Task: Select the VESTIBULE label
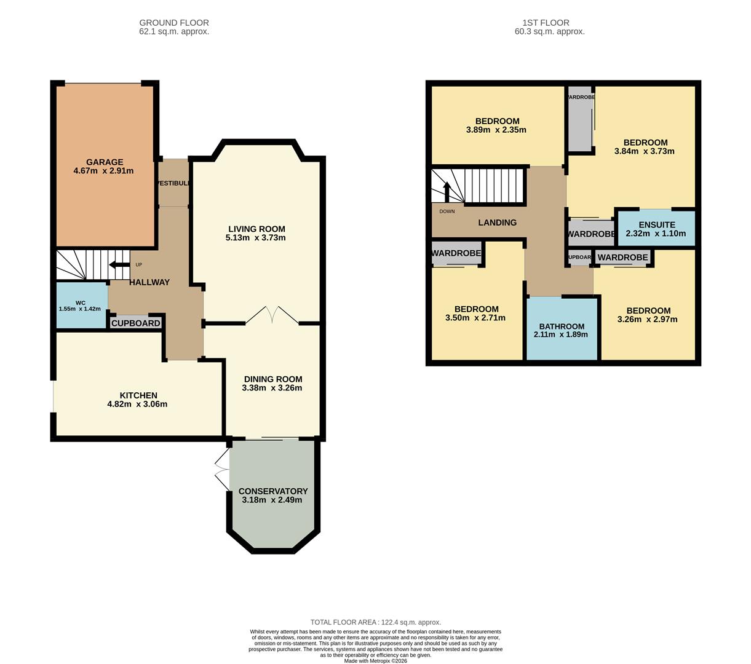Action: (174, 183)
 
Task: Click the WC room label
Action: (80, 302)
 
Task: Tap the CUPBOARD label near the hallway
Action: (136, 323)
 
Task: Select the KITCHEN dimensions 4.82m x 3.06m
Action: (137, 405)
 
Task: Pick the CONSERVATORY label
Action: (272, 491)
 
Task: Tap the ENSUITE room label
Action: (656, 225)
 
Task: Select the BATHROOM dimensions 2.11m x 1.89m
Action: (561, 334)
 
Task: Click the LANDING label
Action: (497, 223)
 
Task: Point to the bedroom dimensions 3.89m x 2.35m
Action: (496, 130)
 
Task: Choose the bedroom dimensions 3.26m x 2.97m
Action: (647, 319)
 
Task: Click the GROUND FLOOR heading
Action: (174, 23)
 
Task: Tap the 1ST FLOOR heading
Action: (549, 23)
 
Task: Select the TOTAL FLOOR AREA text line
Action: (375, 622)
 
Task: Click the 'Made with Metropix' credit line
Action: (375, 661)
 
